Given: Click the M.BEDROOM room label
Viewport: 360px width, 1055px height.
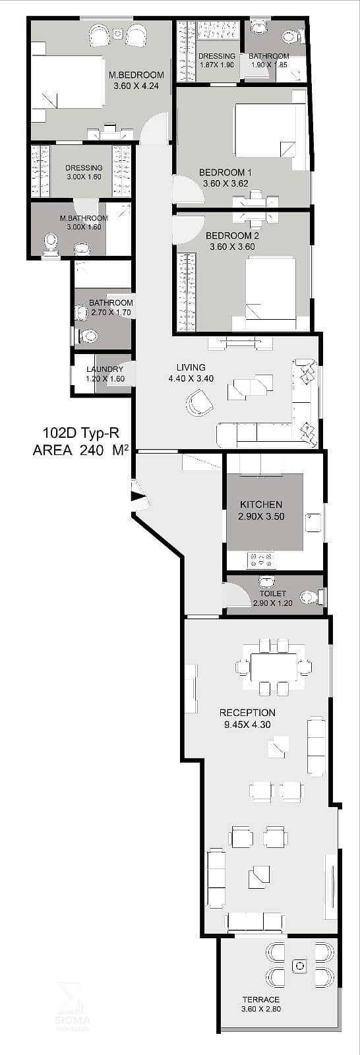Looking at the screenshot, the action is click(x=136, y=75).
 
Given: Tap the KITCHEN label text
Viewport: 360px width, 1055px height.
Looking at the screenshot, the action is click(x=261, y=504).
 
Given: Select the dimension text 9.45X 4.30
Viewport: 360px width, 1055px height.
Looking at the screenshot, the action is click(x=247, y=725).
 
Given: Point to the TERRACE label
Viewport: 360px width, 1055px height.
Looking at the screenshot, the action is click(x=261, y=1000).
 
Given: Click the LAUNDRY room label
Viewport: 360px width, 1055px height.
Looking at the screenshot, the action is click(x=105, y=370).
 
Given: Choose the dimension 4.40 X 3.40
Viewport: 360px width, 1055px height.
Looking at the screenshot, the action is click(x=191, y=378).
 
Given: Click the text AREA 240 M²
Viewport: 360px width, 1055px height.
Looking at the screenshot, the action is click(x=80, y=450).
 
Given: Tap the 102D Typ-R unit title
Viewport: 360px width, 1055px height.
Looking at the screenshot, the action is click(x=78, y=433).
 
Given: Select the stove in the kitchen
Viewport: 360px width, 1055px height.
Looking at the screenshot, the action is click(x=260, y=560).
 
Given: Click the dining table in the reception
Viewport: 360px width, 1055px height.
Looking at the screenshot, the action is click(x=274, y=667).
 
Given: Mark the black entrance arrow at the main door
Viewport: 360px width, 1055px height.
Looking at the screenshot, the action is click(x=138, y=495).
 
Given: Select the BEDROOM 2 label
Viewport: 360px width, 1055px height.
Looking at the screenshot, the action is click(x=232, y=235).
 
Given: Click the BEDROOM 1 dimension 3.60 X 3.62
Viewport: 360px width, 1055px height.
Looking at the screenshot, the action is click(x=225, y=184).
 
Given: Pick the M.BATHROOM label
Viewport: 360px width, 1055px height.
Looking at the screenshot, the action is click(x=84, y=218).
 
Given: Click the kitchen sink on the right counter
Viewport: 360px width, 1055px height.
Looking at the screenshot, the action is click(x=313, y=522).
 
